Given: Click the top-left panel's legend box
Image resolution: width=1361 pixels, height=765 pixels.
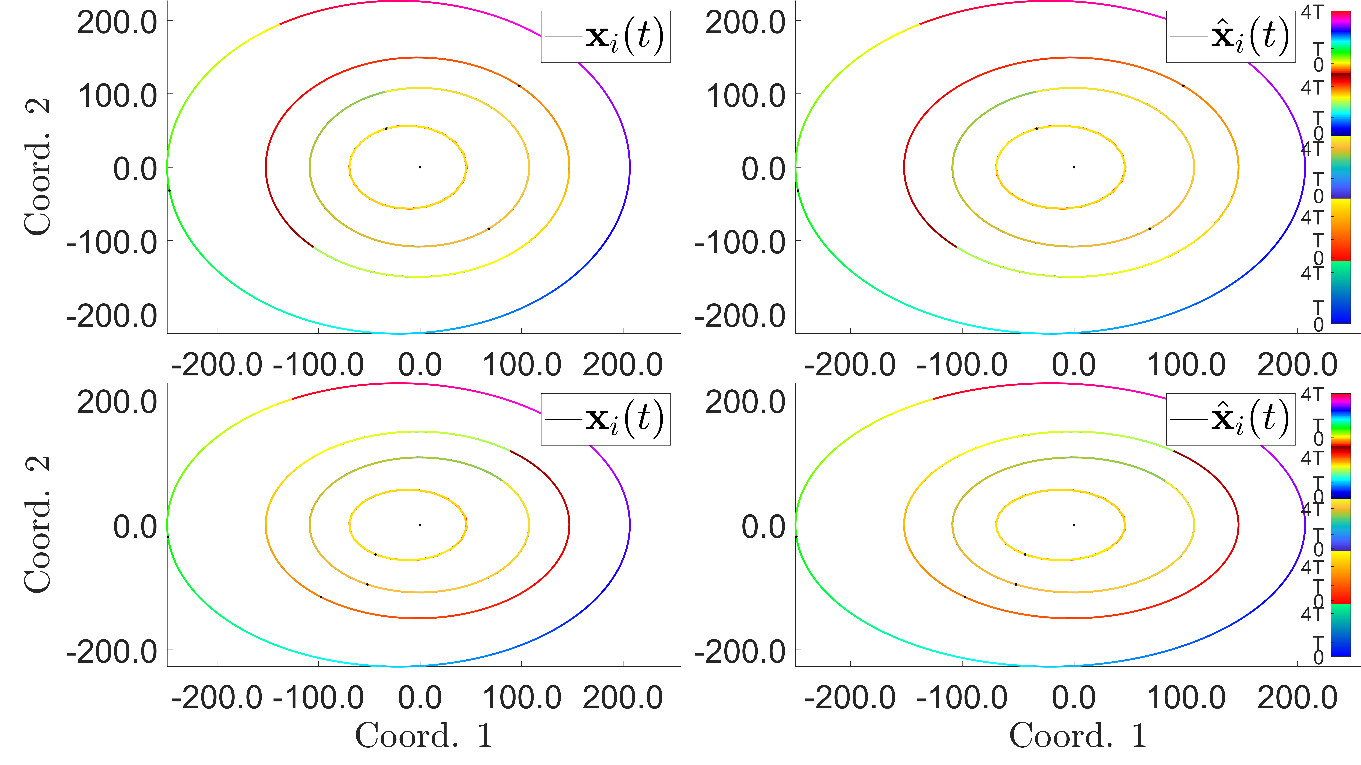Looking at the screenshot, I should [605, 37].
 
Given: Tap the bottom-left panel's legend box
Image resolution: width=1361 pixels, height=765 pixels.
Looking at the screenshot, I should [605, 419].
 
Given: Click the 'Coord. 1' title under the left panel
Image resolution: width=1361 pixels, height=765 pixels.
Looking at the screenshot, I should [424, 735].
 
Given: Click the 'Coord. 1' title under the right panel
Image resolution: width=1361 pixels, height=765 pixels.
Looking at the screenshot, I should [1078, 735].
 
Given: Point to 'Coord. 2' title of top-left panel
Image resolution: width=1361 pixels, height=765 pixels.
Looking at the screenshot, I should [38, 167].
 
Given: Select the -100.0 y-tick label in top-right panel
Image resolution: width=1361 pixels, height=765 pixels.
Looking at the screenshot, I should [740, 243].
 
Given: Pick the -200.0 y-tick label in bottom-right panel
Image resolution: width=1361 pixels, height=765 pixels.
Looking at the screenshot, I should [740, 651].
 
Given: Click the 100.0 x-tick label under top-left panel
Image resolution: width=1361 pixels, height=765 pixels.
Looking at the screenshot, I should [522, 364].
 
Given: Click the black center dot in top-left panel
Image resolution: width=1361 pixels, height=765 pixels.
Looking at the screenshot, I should [420, 167].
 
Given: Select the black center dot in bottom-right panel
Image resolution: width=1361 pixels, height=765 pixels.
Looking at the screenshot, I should [1074, 525].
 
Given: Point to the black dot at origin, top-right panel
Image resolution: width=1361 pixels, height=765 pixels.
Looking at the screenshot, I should [1074, 167].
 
